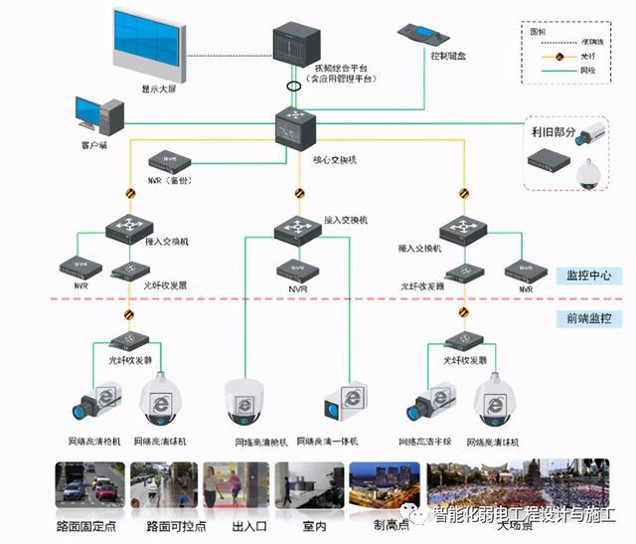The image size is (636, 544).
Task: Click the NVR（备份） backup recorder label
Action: (x=170, y=180)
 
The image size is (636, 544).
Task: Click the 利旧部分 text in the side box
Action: (x=552, y=133)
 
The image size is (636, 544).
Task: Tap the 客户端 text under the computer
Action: (x=97, y=145)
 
